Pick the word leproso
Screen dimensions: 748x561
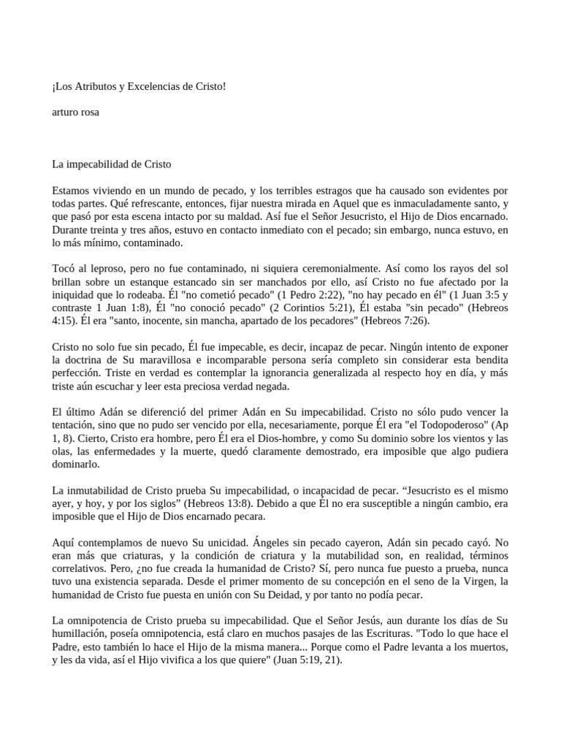[109, 270]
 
